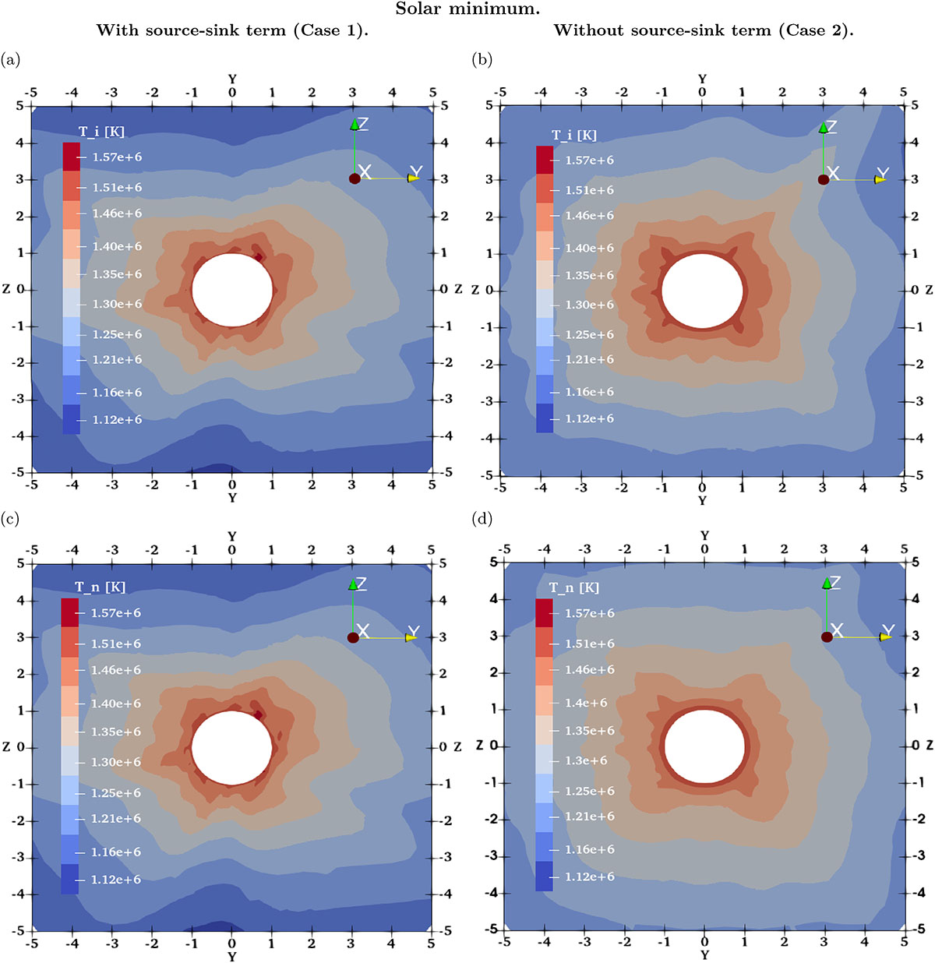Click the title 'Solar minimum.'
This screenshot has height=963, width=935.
[x=467, y=9]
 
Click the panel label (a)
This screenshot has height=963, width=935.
[x=11, y=59]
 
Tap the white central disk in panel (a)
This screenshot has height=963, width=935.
[x=232, y=290]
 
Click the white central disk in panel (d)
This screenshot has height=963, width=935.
[x=704, y=746]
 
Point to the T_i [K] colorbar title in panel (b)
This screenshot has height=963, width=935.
[x=574, y=135]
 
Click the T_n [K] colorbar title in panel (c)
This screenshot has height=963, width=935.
[x=100, y=587]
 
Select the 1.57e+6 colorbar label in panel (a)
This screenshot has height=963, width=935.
[x=117, y=157]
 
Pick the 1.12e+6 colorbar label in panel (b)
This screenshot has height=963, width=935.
[x=589, y=419]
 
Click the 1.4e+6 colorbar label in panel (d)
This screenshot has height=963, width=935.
[x=586, y=703]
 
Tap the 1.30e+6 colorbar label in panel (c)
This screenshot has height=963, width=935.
[x=116, y=762]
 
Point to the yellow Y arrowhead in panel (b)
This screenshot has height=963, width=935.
[x=880, y=179]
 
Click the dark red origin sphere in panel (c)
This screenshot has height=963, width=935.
[x=353, y=637]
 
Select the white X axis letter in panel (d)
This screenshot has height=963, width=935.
[x=837, y=630]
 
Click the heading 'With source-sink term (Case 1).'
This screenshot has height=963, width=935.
[x=232, y=31]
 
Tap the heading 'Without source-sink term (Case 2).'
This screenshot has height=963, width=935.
[x=704, y=31]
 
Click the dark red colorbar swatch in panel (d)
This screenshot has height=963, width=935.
[x=544, y=612]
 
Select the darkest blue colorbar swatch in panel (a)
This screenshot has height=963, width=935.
[x=71, y=419]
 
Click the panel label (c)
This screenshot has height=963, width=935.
[x=11, y=517]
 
